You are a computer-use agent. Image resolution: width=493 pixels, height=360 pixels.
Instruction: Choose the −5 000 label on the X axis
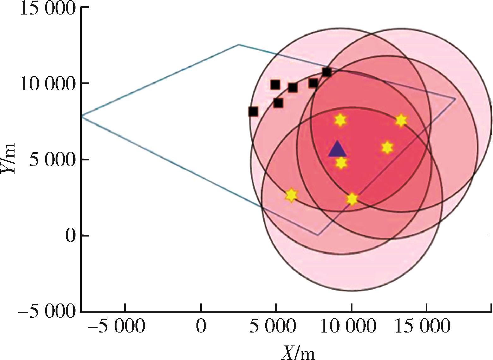(x=116, y=327)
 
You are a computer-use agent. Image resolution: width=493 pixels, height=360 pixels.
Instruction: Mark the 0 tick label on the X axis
(x=201, y=327)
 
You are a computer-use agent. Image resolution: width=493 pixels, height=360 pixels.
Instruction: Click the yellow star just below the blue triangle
(x=341, y=163)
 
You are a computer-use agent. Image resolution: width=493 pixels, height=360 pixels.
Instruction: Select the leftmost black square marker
(x=253, y=111)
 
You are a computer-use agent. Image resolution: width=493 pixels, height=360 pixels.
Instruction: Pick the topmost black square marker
(x=327, y=72)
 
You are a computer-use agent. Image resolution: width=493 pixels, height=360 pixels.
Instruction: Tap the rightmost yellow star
(x=401, y=120)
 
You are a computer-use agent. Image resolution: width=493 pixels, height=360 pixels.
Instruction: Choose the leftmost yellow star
(x=291, y=195)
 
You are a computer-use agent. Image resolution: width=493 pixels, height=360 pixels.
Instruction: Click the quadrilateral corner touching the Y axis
(x=82, y=116)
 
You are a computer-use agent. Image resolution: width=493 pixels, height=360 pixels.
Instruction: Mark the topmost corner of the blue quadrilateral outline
(x=239, y=45)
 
